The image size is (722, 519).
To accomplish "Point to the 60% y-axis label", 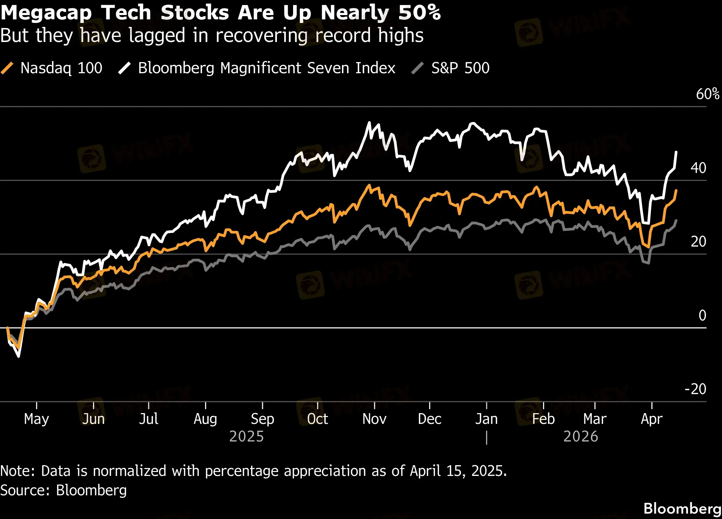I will tap(707, 94).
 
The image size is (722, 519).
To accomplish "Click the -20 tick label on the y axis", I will tap(695, 389).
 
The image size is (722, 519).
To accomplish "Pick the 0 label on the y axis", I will tap(702, 315).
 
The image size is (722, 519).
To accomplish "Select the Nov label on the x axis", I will tap(374, 419).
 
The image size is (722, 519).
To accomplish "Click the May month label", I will tap(36, 419).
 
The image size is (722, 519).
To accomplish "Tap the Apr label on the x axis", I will tap(652, 419).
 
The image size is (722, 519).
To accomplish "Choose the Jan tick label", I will tap(486, 419).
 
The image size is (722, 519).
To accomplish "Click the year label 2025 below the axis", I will tap(246, 436).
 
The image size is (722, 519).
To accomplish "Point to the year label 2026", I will tap(580, 436).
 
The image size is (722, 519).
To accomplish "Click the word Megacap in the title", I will tap(46, 13).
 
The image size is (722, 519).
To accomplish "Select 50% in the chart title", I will tap(419, 13).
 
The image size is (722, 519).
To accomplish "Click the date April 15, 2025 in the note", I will tap(458, 471).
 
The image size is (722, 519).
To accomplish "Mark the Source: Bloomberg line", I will tap(64, 490).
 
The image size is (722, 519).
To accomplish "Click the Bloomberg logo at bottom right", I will tap(682, 509).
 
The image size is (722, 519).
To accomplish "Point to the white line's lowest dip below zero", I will tap(19, 356).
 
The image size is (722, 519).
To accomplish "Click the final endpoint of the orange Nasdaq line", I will tap(676, 190).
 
